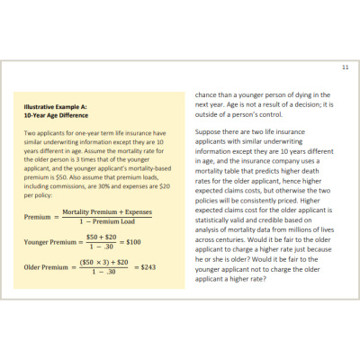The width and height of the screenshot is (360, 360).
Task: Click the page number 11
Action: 346,67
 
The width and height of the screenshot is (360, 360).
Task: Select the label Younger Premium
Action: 49,241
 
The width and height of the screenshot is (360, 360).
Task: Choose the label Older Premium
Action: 43,267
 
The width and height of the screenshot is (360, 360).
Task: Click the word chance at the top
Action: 209,94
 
